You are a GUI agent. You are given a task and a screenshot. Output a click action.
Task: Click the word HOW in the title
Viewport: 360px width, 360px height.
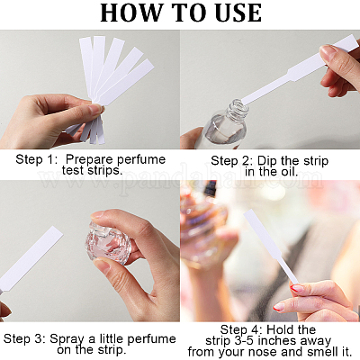128,13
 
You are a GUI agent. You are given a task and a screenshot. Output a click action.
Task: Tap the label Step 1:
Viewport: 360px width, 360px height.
37,159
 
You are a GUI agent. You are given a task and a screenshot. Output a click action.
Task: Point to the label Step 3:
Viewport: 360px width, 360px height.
25,338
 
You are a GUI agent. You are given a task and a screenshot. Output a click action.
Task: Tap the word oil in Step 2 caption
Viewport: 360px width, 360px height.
290,172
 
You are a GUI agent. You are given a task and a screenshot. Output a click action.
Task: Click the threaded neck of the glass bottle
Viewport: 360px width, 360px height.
238,110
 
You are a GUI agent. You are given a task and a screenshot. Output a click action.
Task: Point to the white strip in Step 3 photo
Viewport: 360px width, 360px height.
30,258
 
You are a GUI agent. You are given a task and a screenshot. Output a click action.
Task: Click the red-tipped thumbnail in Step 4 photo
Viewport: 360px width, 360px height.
297,288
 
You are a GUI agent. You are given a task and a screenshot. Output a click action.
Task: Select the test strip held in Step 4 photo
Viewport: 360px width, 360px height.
271,247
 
